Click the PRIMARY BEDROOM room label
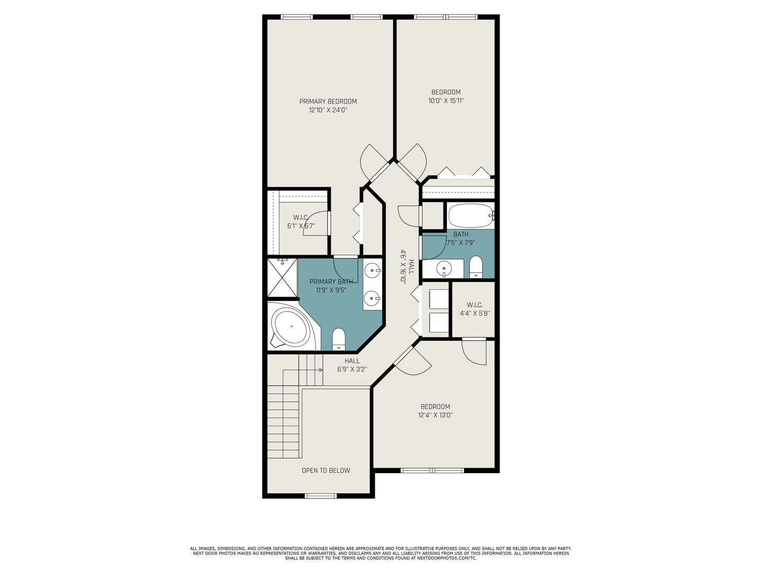click(x=328, y=102)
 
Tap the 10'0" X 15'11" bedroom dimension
click(x=446, y=101)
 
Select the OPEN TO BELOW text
click(x=325, y=471)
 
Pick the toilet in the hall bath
click(x=476, y=266)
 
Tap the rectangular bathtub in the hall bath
click(x=471, y=215)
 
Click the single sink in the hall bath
click(x=443, y=269)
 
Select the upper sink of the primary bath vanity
click(x=373, y=270)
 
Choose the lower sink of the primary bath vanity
click(x=373, y=298)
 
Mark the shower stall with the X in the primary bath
click(x=282, y=278)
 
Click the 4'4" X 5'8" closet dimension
click(x=475, y=314)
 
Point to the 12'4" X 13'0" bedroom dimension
click(x=436, y=415)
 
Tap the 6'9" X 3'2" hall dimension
click(x=352, y=369)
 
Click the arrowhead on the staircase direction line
click(x=321, y=370)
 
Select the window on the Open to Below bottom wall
click(x=321, y=496)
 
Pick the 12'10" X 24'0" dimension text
click(x=328, y=110)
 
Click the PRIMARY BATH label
click(x=331, y=281)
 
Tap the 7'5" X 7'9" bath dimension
click(x=461, y=243)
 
